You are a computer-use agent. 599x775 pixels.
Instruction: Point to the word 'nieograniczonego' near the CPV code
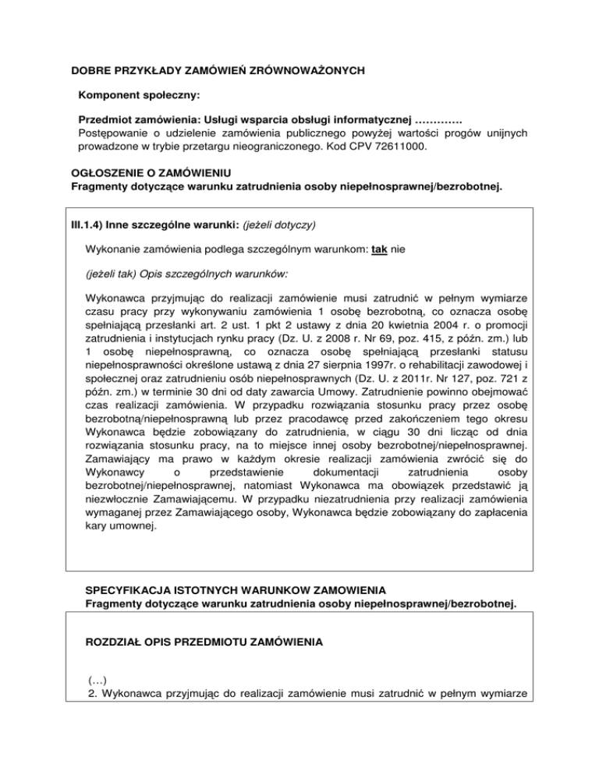(x=255, y=146)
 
